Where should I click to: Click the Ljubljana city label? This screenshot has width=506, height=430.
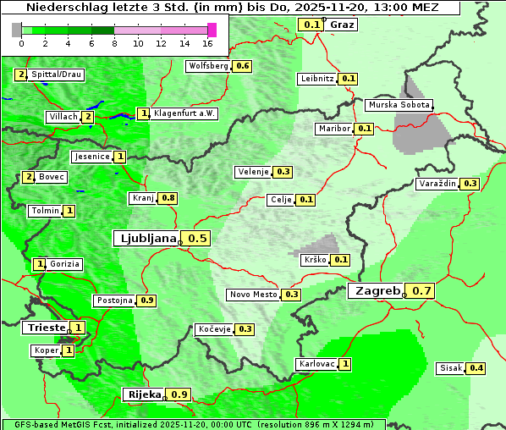coord(146,239)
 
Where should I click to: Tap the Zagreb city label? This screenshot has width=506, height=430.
coord(377,291)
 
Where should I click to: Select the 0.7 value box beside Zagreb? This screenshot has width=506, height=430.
coord(422,291)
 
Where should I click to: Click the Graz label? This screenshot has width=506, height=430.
coord(342,25)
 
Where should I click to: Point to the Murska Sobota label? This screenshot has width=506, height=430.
coord(399,105)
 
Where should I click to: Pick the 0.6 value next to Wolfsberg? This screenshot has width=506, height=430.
coord(243,66)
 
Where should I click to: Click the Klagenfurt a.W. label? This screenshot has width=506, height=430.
coord(184,113)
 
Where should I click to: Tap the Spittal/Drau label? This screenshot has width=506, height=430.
coord(57,74)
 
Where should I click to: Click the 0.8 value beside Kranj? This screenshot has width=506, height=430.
coord(168,198)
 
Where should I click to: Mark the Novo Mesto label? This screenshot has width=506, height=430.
coord(253,295)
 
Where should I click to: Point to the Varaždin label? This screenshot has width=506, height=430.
coord(437,184)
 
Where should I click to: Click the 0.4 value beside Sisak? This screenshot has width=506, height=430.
coord(476,368)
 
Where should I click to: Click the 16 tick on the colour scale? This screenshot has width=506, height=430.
coord(208,42)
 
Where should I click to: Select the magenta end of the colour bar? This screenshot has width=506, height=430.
coord(212,30)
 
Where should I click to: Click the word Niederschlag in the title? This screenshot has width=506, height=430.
coord(66,8)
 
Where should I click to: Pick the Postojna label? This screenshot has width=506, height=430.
coord(114,300)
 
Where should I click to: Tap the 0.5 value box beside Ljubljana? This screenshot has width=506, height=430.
coord(197,239)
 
